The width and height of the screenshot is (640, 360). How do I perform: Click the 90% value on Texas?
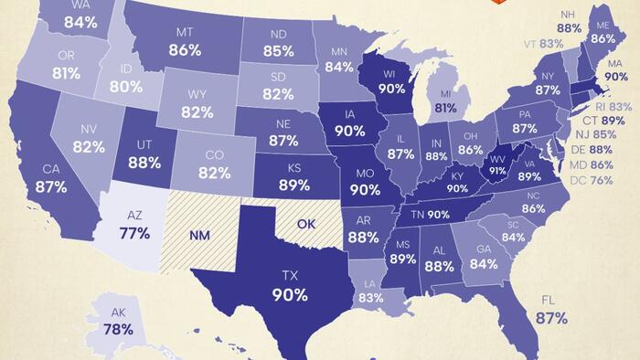point(288,295)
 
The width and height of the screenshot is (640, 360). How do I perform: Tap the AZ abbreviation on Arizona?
point(134,213)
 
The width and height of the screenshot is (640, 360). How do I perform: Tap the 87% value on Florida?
point(551,319)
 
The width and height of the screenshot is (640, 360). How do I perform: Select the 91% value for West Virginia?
point(498,169)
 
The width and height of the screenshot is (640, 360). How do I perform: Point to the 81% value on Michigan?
point(446,107)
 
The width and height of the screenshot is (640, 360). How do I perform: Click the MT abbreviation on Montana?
point(185,32)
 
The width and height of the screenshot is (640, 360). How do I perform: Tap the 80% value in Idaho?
point(125,88)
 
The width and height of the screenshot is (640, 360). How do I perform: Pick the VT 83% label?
point(544,43)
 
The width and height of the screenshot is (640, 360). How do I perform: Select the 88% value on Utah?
point(144,163)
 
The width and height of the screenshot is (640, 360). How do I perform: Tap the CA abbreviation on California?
point(51,168)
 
